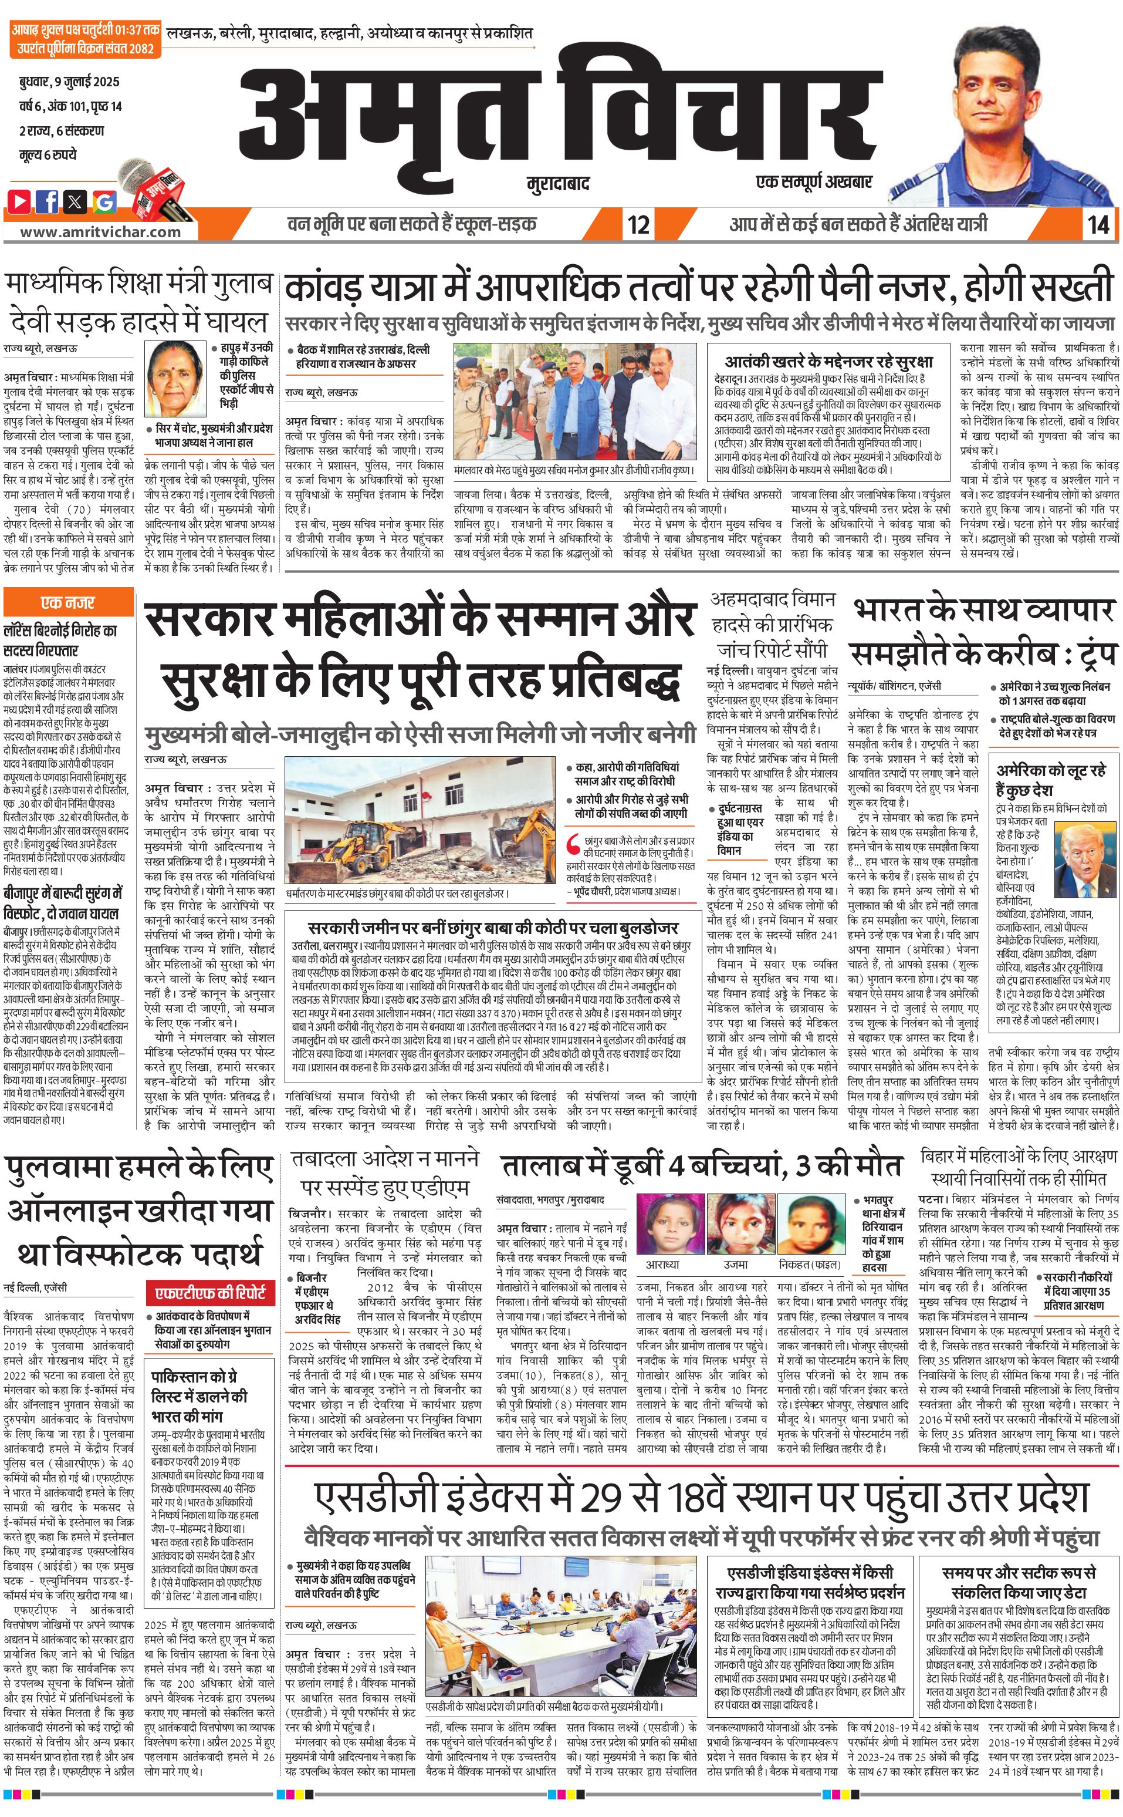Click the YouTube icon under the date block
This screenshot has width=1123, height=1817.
20,201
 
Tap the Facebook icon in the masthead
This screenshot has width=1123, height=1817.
48,201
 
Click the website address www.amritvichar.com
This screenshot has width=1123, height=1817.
100,231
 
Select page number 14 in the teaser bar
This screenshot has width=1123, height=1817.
1098,224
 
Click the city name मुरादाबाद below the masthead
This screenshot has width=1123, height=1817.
558,183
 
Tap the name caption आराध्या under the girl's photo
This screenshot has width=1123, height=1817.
663,1264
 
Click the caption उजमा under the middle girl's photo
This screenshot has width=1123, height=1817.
735,1264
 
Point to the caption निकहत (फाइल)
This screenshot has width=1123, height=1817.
809,1264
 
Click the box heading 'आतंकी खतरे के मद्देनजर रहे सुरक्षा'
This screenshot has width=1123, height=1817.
828,362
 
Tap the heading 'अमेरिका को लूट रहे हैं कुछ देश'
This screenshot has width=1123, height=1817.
1050,778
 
